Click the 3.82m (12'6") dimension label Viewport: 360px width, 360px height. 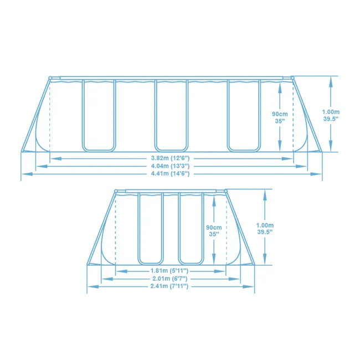pyautogui.click(x=172, y=158)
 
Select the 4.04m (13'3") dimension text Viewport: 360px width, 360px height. pyautogui.click(x=172, y=166)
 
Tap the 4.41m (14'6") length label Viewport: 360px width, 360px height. pyautogui.click(x=172, y=174)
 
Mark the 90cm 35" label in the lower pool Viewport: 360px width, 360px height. pyautogui.click(x=214, y=230)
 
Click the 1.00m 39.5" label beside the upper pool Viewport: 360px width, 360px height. pyautogui.click(x=331, y=114)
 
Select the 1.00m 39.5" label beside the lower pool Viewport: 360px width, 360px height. pyautogui.click(x=265, y=228)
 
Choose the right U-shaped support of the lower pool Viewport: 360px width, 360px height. pyautogui.click(x=191, y=228)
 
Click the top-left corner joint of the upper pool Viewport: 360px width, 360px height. pyautogui.click(x=50, y=78)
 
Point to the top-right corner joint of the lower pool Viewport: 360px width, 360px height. pyautogui.click(x=227, y=192)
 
